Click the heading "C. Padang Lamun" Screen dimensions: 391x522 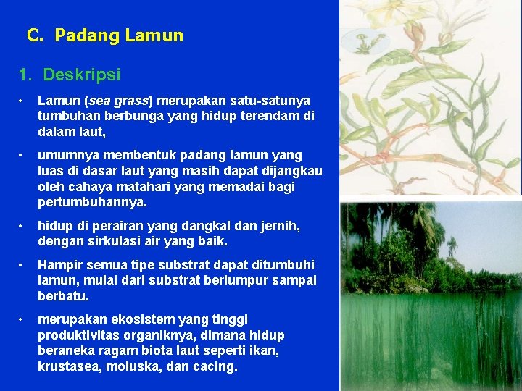(105, 35)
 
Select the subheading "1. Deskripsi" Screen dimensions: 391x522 (70, 75)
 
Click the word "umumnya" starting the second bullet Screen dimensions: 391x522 (69, 155)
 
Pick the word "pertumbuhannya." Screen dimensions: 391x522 (92, 202)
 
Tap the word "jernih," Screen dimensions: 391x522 (279, 226)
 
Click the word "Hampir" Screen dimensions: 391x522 (59, 265)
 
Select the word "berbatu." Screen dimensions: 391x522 (65, 296)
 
